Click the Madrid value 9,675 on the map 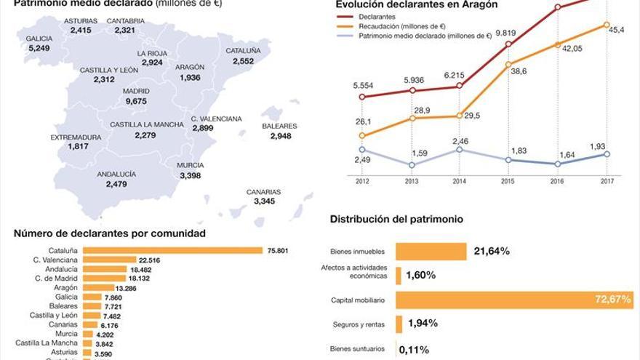(136, 101)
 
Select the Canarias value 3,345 (264, 201)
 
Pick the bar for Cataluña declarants (172, 251)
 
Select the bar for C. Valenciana (109, 260)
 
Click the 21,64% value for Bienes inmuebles (492, 251)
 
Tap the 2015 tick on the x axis (507, 181)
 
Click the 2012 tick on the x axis (362, 181)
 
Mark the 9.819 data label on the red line (505, 33)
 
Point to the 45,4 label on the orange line (619, 29)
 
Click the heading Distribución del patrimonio (396, 218)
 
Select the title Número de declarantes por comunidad (109, 233)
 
